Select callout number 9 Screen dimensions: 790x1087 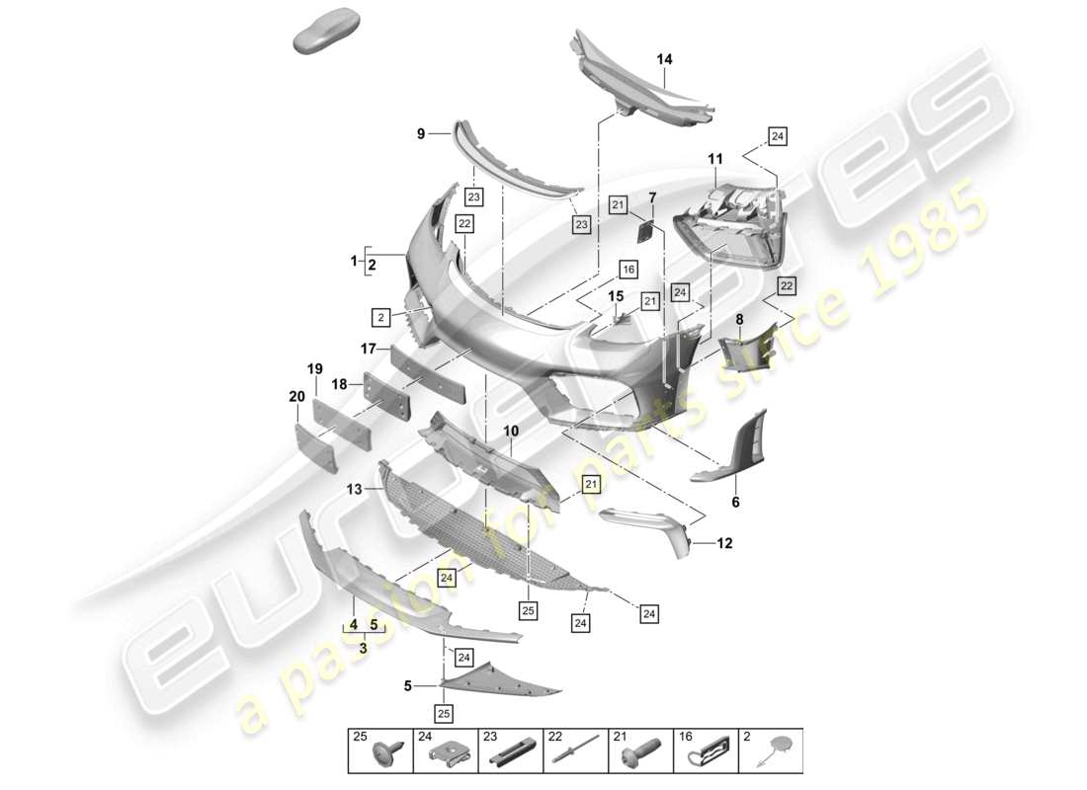(x=420, y=132)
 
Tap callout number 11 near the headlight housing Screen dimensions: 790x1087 (x=714, y=159)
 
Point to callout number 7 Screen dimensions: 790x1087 (x=652, y=198)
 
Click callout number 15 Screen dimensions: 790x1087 (x=615, y=295)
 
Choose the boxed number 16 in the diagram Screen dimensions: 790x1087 (x=627, y=269)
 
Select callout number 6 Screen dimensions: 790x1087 (x=735, y=503)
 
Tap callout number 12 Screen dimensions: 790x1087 (x=726, y=543)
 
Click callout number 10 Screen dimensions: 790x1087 (x=511, y=432)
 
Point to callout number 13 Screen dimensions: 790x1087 (x=353, y=487)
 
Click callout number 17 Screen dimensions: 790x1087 (x=368, y=348)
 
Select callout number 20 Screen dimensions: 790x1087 (x=296, y=396)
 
